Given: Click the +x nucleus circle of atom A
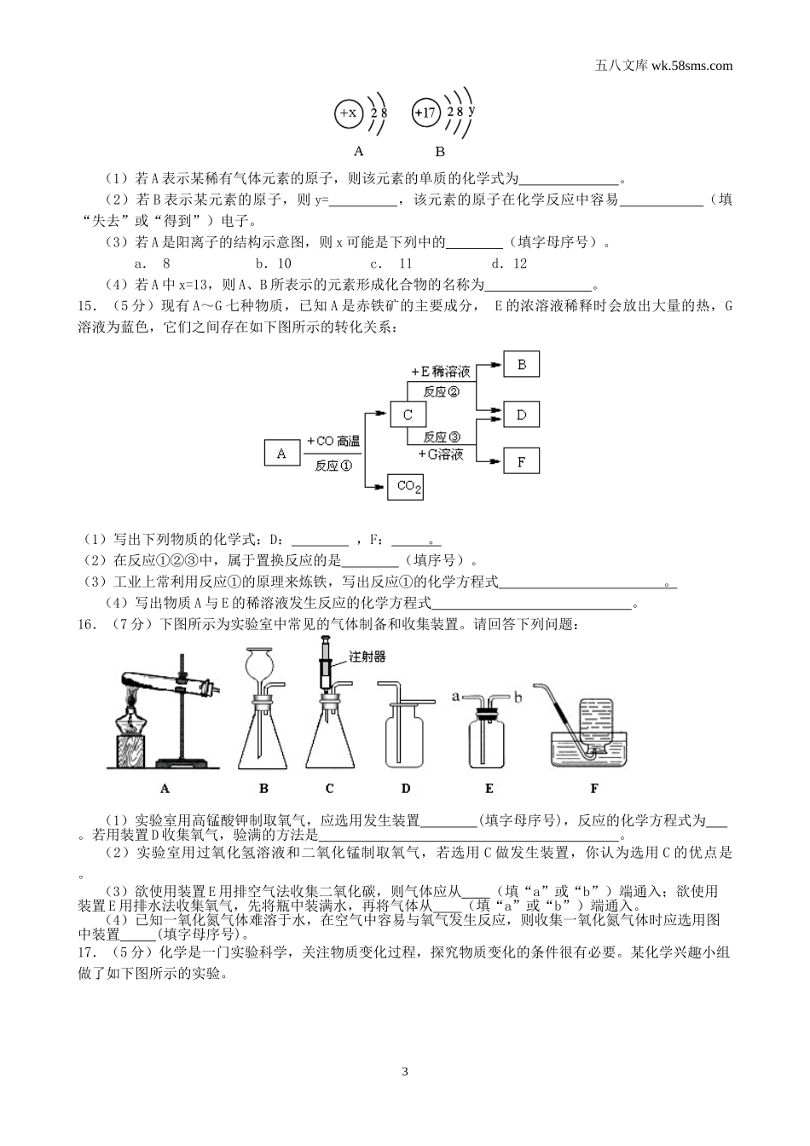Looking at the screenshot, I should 348,113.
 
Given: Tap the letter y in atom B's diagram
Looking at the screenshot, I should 472,110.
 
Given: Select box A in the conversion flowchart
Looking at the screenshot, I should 282,454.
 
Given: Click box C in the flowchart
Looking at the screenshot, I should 408,414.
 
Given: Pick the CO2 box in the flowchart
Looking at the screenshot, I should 406,486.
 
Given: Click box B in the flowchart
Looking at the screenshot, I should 522,365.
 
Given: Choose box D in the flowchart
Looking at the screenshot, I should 522,415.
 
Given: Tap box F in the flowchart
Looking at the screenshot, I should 522,461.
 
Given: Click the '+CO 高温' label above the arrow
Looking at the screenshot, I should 333,442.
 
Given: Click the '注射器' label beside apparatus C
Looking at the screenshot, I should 367,657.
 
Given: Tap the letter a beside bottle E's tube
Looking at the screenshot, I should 455,696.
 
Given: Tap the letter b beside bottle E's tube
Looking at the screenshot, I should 518,697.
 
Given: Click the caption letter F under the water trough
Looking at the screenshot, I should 593,788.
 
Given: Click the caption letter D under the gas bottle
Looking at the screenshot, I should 406,788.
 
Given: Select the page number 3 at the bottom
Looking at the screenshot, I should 405,1071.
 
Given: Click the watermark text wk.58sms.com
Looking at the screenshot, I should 691,65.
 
